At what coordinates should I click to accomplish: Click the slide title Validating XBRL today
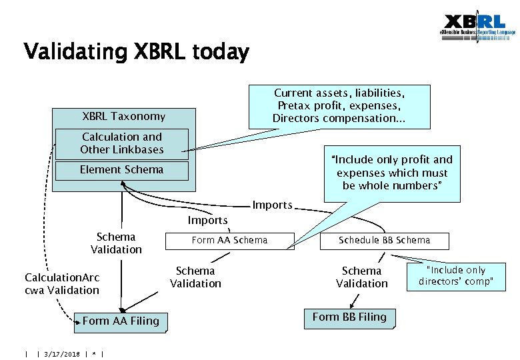pos(136,51)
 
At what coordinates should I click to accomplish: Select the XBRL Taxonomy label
pos(123,117)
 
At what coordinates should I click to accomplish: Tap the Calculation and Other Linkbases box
pos(121,143)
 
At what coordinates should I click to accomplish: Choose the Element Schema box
pos(121,170)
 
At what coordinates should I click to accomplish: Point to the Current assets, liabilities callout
pos(339,105)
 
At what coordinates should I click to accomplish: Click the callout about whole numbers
pos(391,173)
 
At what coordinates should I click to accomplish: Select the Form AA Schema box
pos(229,240)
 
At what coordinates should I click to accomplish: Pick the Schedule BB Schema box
pos(384,240)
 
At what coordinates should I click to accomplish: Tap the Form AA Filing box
pos(121,321)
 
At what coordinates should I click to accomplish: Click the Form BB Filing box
pos(349,317)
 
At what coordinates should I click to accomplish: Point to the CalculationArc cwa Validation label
pos(62,284)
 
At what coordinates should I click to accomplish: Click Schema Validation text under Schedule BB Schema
pos(361,277)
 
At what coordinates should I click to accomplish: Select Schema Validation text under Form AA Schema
pos(195,277)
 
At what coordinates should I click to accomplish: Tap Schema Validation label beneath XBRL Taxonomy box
pos(117,243)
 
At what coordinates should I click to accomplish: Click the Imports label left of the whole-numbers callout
pos(272,205)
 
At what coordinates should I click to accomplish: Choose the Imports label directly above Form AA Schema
pos(207,220)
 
